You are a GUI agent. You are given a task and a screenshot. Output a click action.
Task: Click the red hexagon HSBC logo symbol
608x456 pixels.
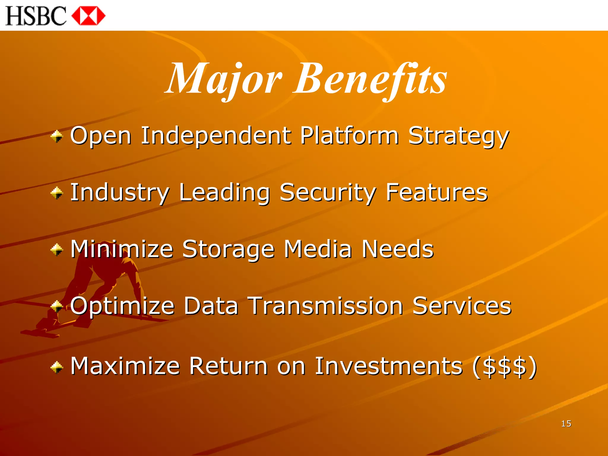click(88, 16)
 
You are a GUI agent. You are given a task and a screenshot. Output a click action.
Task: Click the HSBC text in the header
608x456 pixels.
click(36, 16)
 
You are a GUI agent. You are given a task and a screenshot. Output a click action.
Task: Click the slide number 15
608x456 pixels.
click(566, 424)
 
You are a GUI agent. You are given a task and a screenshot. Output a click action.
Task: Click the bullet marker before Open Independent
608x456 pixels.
click(57, 137)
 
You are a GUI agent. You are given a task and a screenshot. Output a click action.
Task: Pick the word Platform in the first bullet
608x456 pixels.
click(349, 136)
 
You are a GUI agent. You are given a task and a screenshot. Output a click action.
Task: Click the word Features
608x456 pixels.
click(436, 192)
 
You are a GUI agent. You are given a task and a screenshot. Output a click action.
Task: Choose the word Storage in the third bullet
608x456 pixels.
click(228, 249)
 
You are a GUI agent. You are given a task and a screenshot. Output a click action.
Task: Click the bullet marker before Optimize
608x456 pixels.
click(57, 306)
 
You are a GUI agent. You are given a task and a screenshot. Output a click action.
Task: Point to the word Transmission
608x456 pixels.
click(325, 306)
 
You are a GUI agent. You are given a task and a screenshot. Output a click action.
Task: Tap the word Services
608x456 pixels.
click(462, 306)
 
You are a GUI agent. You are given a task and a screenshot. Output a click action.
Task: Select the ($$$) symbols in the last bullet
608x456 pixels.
click(505, 366)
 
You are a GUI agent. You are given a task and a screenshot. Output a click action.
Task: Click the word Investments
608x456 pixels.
click(389, 366)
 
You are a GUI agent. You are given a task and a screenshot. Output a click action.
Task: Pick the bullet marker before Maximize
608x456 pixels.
click(57, 367)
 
